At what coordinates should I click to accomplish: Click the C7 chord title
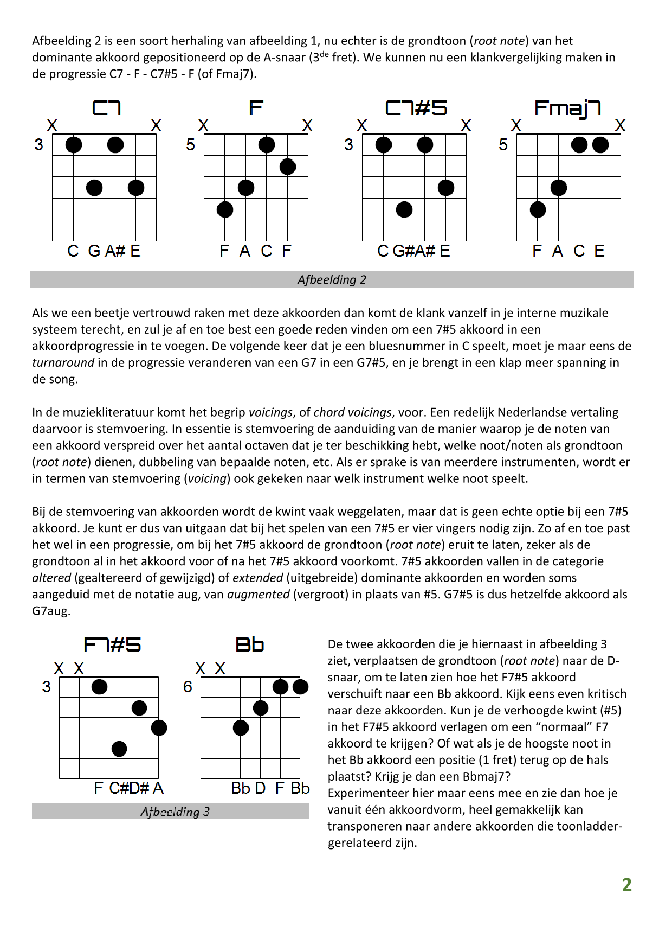point(106,108)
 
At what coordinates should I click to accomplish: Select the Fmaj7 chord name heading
point(567,108)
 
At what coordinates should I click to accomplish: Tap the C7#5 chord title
point(416,108)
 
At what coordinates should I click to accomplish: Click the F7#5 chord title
point(112,644)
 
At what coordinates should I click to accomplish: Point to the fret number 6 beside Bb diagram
point(188,687)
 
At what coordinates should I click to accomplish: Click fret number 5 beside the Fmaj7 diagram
point(503,145)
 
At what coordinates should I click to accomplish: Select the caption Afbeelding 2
point(332,280)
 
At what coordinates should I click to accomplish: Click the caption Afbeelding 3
point(175,812)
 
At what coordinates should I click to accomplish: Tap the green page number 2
point(627,885)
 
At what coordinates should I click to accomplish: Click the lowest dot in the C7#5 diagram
point(404,209)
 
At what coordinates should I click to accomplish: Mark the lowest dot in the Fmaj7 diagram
point(538,209)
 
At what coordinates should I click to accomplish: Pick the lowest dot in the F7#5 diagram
point(119,749)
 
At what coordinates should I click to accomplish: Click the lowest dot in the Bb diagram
point(241,728)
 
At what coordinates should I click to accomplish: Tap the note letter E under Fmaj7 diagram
point(599,251)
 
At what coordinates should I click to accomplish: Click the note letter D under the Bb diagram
point(260,788)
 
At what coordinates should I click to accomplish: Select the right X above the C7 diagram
point(156,126)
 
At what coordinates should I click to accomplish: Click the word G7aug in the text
point(51,611)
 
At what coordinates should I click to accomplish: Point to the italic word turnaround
point(63,362)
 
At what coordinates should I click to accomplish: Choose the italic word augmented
point(258,595)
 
